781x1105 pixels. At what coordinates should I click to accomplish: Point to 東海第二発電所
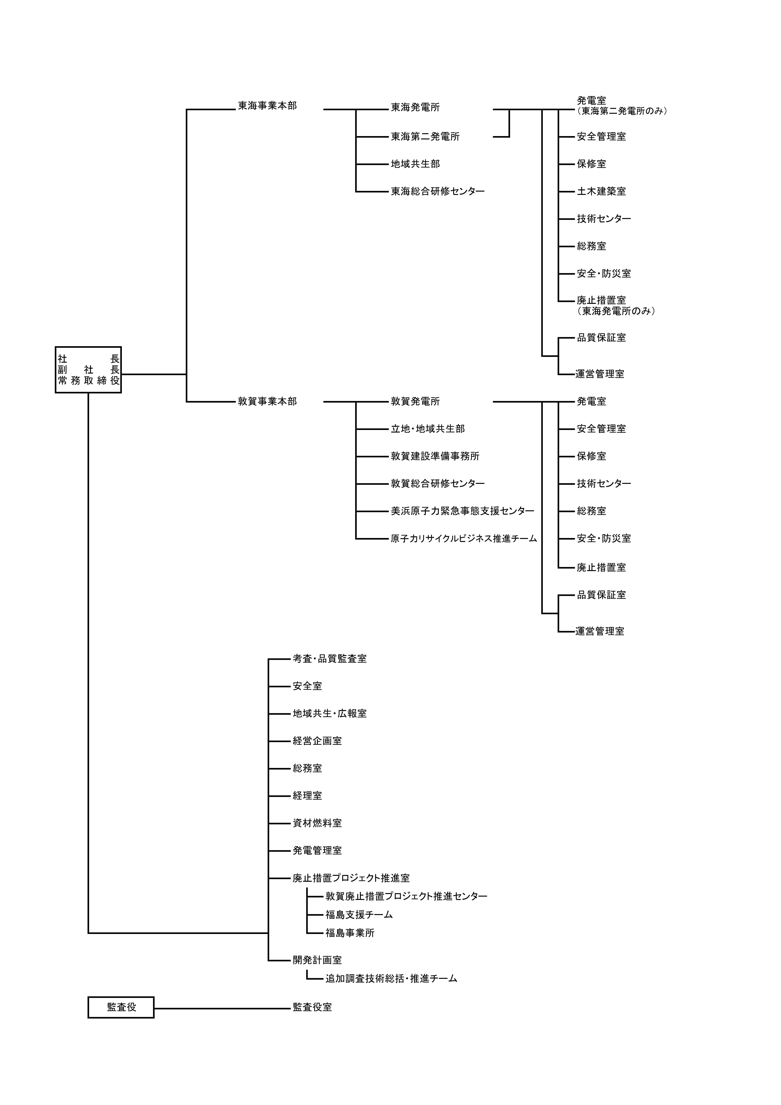click(x=425, y=137)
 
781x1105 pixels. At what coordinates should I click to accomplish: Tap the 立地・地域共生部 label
click(x=427, y=429)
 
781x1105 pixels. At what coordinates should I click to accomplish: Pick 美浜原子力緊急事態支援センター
click(x=462, y=511)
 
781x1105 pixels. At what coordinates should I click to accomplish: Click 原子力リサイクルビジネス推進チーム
click(x=463, y=538)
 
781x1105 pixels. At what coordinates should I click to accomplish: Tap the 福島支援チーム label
click(x=359, y=914)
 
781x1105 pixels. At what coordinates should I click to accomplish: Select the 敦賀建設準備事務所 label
click(x=435, y=456)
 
